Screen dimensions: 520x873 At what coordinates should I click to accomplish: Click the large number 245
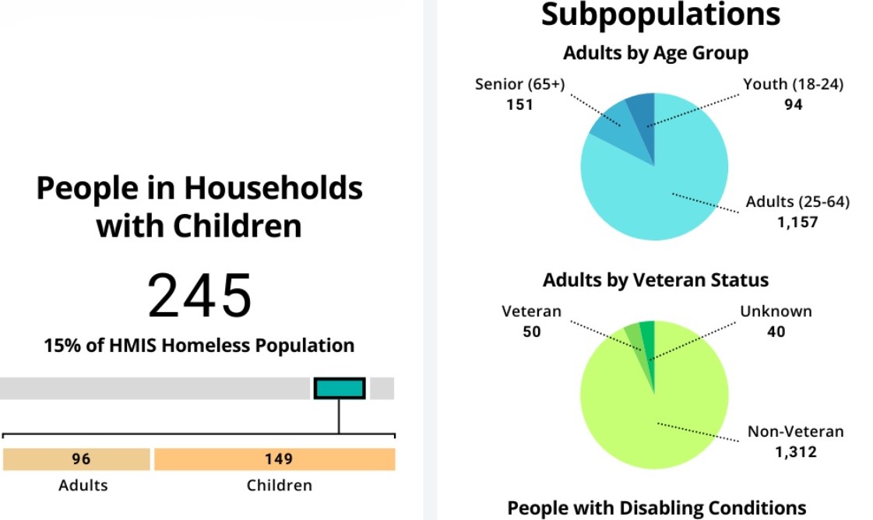[x=200, y=297]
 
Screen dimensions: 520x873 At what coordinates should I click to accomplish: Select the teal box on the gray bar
[x=340, y=388]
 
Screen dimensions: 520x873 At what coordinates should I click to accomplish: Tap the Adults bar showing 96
[x=76, y=459]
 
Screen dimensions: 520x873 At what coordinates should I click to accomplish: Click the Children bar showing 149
[x=275, y=459]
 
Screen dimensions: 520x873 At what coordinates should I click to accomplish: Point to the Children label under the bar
[x=279, y=486]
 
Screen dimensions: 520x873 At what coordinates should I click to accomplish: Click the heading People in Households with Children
[x=199, y=207]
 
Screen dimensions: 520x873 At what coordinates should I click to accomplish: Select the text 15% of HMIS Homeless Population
[x=199, y=345]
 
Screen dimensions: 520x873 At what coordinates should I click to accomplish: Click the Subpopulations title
[x=660, y=14]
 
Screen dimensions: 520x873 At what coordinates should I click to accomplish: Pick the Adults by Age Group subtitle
[x=655, y=53]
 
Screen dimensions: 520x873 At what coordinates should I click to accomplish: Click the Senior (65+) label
[x=519, y=84]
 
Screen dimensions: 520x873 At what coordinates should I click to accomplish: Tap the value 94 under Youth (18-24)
[x=793, y=104]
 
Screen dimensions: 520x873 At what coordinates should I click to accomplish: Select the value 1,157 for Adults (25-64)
[x=797, y=222]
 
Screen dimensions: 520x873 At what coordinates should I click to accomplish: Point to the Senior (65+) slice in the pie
[x=611, y=125]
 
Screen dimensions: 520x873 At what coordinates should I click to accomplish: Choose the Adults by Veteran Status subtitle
[x=655, y=279]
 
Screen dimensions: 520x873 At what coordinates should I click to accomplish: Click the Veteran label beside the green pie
[x=531, y=311]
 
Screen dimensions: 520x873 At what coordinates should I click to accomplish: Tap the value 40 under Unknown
[x=776, y=332]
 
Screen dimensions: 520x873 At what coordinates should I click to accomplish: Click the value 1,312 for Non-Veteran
[x=795, y=451]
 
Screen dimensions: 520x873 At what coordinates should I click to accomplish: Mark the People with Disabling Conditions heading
[x=657, y=508]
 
